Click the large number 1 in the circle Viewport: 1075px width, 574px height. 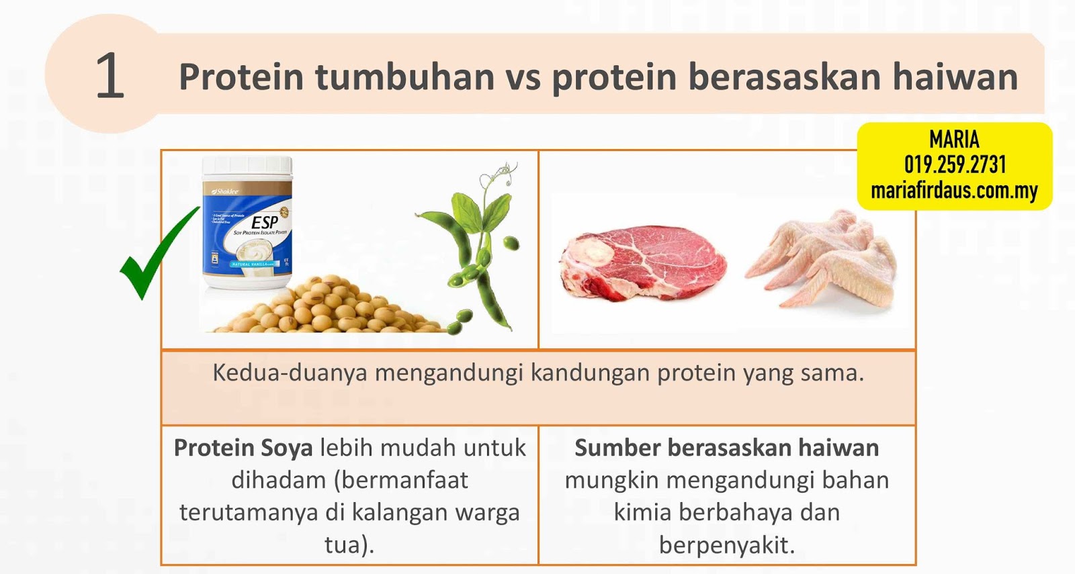point(110,76)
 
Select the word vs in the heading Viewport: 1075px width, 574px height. point(523,78)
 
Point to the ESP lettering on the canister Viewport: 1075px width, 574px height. point(264,222)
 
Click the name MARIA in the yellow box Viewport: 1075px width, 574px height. point(954,140)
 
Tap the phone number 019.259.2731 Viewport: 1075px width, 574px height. point(955,164)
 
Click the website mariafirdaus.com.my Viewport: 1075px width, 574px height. point(954,191)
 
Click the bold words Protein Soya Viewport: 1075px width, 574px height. point(243,448)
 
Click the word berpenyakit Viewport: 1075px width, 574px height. point(726,544)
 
